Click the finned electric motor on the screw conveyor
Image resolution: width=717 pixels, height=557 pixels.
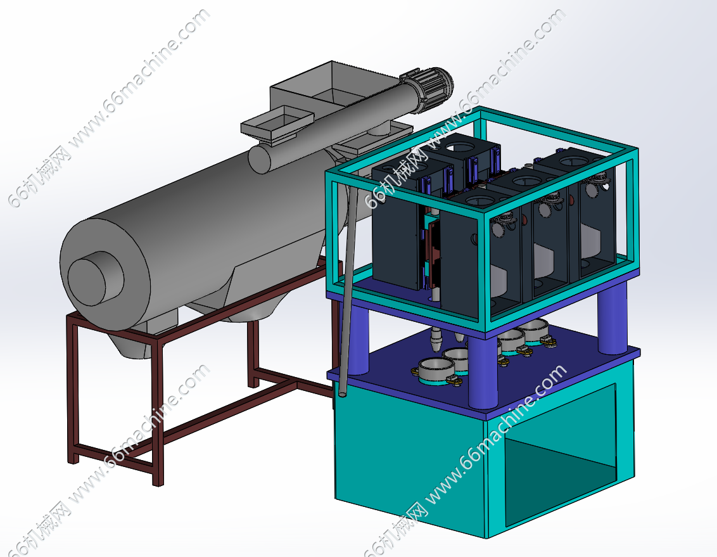[427, 89]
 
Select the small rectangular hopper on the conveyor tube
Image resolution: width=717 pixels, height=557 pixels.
[277, 124]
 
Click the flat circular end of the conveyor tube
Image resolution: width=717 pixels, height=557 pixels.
[259, 158]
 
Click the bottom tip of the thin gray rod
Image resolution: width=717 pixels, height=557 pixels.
[341, 394]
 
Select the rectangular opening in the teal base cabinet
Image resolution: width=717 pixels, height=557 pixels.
[561, 455]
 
